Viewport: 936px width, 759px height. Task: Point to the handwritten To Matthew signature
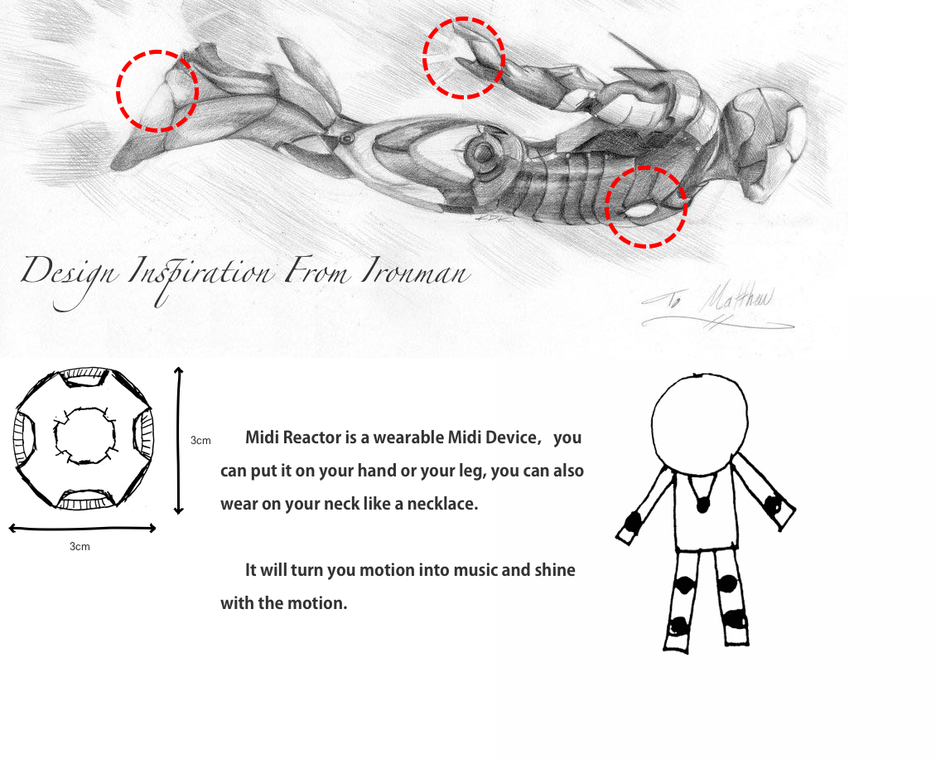click(x=717, y=311)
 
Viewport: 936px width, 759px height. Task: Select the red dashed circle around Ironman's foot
click(x=157, y=90)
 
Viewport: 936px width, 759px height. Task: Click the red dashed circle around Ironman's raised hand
click(x=464, y=58)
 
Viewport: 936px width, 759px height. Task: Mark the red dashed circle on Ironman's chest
click(x=646, y=207)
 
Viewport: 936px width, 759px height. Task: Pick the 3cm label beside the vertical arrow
click(x=200, y=440)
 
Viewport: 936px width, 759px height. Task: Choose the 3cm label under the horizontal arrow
click(x=80, y=547)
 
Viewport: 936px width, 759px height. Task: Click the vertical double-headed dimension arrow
click(x=179, y=440)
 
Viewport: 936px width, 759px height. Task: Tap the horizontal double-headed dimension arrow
click(x=82, y=528)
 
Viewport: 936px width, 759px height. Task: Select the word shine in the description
click(x=555, y=570)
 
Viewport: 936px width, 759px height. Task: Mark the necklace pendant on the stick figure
click(x=702, y=504)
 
